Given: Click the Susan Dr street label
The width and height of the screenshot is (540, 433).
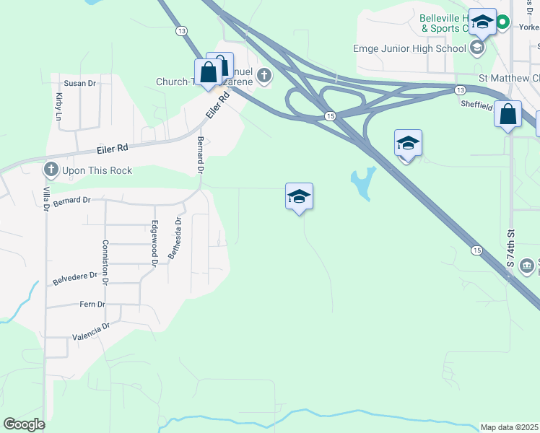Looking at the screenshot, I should coord(80,84).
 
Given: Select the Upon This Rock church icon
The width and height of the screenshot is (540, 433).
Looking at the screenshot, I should coord(51,170).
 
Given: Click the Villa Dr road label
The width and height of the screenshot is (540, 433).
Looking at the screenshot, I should coord(45,196).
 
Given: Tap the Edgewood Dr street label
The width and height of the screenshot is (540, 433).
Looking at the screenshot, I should coord(154,243).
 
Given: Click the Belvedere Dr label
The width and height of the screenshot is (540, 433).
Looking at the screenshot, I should coord(76,276).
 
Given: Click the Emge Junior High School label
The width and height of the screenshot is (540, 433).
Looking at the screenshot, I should coord(409,48).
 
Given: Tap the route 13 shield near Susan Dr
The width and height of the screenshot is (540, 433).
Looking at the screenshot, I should coord(181,30).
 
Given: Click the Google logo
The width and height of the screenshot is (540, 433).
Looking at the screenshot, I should coord(24,424).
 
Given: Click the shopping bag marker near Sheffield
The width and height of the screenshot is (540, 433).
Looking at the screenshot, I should coord(508,114).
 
